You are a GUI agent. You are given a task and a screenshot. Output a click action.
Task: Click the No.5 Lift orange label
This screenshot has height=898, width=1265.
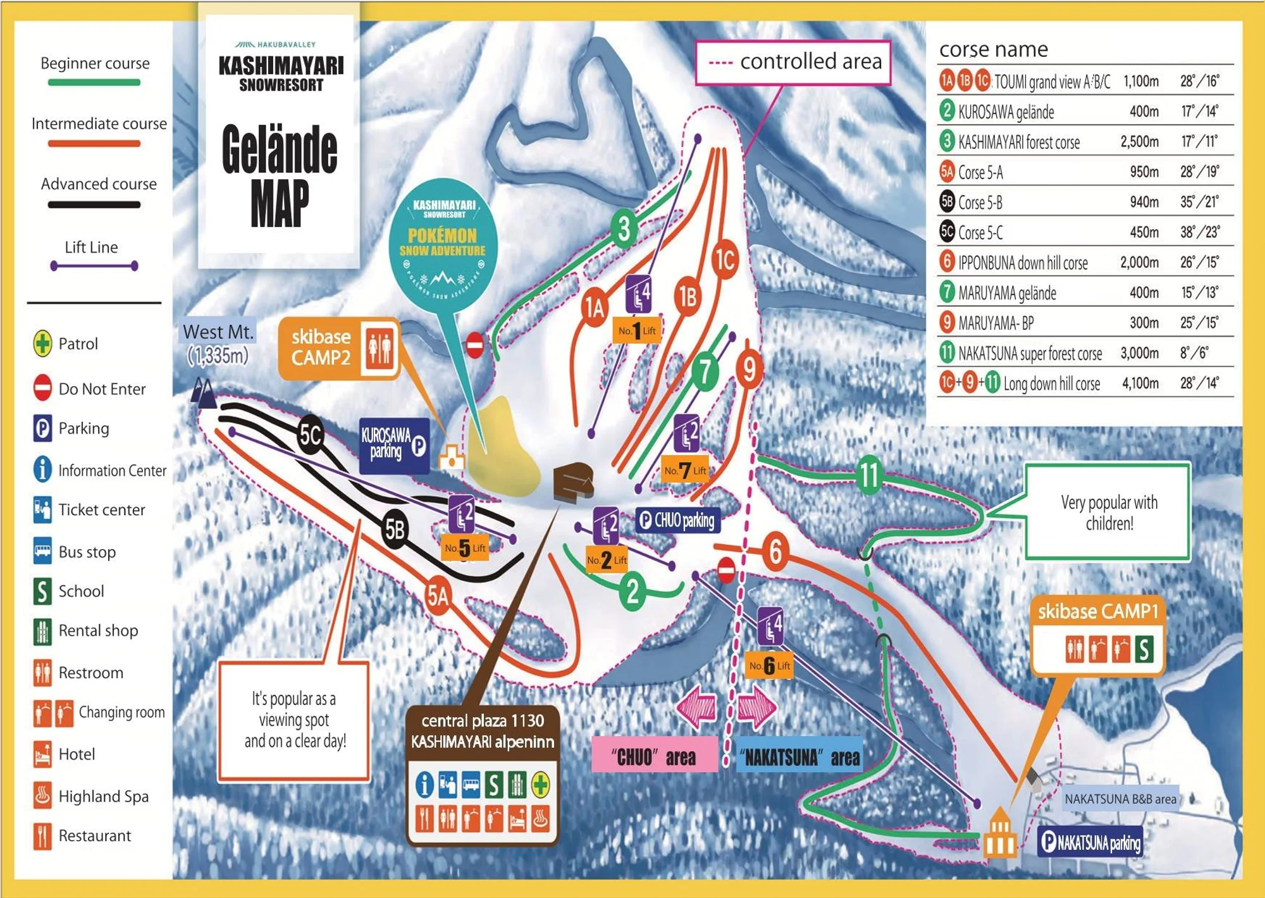(x=465, y=548)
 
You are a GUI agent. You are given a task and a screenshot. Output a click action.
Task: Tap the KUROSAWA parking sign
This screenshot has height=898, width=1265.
(x=394, y=446)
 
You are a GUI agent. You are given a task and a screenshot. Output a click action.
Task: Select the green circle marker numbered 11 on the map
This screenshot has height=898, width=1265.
(x=870, y=475)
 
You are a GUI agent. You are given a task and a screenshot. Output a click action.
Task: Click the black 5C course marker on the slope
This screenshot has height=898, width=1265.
(x=311, y=435)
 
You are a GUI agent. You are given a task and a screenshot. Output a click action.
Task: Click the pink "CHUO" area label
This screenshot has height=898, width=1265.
(x=654, y=757)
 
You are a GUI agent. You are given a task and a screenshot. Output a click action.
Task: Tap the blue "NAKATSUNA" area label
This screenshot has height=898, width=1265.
(x=799, y=757)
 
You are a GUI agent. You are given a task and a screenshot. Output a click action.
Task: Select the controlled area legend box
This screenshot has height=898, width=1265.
(x=793, y=62)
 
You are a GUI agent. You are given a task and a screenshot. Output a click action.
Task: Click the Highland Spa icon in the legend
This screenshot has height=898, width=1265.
(x=42, y=796)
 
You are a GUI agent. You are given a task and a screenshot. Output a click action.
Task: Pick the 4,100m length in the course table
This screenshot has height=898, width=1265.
(x=1140, y=384)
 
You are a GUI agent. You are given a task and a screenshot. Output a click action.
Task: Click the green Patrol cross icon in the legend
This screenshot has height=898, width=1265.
(x=42, y=344)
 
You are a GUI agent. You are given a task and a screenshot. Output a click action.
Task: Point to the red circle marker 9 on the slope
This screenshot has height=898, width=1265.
(x=749, y=370)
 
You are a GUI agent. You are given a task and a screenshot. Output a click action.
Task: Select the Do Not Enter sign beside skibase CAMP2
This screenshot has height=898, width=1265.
(x=475, y=345)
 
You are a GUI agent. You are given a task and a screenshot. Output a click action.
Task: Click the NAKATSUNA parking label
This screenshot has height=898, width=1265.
(x=1090, y=842)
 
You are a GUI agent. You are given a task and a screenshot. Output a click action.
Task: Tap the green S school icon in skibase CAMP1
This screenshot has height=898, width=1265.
(x=1144, y=649)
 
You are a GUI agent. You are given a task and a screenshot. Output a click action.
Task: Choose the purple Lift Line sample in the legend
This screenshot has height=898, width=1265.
(x=94, y=266)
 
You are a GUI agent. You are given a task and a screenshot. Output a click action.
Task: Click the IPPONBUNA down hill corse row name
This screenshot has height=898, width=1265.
(x=1023, y=263)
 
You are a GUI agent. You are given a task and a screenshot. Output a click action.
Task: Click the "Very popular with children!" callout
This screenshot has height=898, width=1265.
(x=1108, y=513)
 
